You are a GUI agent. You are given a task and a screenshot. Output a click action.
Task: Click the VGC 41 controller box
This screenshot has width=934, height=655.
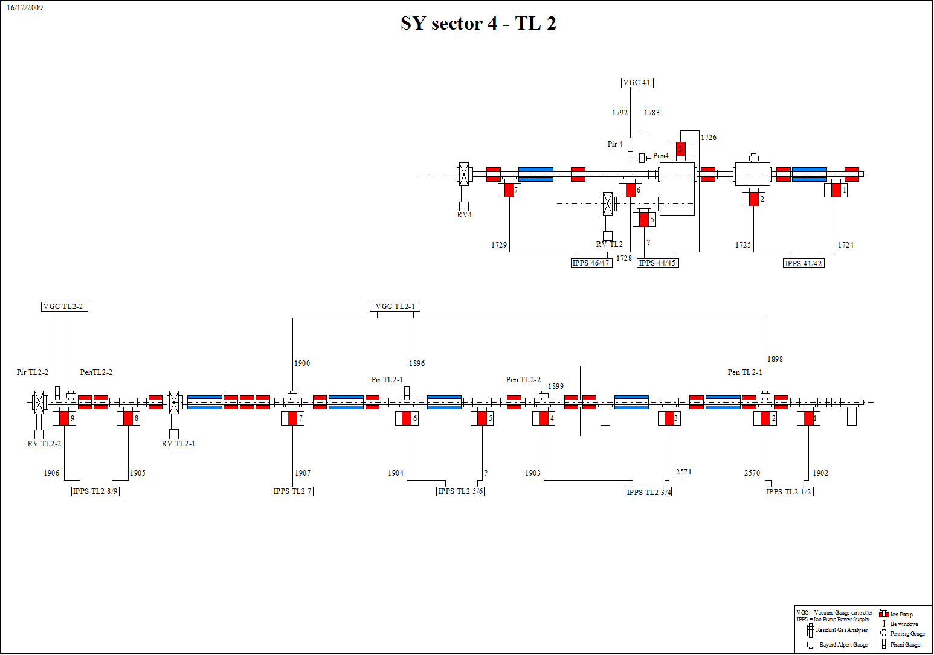tap(637, 83)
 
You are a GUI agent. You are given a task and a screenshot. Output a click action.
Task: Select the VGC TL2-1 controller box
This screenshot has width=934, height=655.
tap(395, 307)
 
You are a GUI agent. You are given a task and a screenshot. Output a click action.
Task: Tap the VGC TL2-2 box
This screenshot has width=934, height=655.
tap(65, 307)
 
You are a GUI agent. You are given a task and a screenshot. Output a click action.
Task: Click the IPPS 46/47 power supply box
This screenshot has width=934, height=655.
tap(591, 263)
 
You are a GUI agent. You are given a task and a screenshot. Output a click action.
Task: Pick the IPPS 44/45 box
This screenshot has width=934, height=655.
tap(657, 263)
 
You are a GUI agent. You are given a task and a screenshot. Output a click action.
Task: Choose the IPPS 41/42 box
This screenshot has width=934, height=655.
tap(804, 263)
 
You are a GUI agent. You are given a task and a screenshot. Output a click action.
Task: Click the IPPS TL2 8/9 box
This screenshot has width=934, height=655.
tap(95, 491)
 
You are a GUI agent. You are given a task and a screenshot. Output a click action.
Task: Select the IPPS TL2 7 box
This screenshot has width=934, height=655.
tap(292, 491)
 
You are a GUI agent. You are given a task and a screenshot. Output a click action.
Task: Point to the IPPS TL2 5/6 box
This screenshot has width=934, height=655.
tap(460, 491)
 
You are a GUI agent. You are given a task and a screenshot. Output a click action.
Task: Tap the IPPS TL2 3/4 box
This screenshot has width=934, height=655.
tap(649, 491)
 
